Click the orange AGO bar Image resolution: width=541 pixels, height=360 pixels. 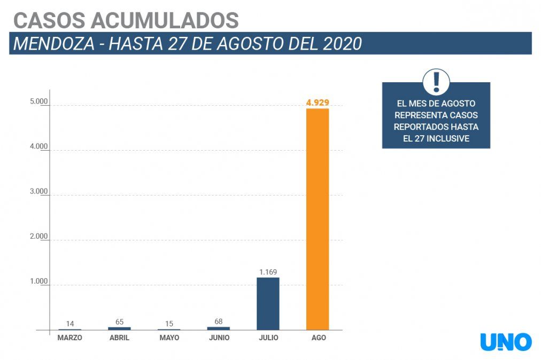[x=317, y=219]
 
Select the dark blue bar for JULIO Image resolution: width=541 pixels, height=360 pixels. [x=268, y=303]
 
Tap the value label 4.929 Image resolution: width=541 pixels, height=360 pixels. [x=317, y=103]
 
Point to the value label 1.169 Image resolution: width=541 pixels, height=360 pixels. [x=268, y=272]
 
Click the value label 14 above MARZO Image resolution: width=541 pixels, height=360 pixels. [x=70, y=324]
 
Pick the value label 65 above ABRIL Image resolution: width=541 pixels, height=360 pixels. [x=119, y=322]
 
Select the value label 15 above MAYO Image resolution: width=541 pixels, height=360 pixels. [x=169, y=324]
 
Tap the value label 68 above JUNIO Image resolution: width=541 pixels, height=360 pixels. [x=218, y=322]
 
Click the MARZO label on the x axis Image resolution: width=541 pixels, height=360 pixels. [x=70, y=338]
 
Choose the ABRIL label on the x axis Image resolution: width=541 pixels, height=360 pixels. [x=119, y=338]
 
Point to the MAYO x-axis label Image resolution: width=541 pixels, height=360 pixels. [x=169, y=338]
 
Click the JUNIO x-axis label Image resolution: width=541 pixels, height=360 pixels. [x=218, y=338]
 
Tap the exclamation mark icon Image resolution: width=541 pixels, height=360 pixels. [x=436, y=82]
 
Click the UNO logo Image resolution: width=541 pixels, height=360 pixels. [x=506, y=342]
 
